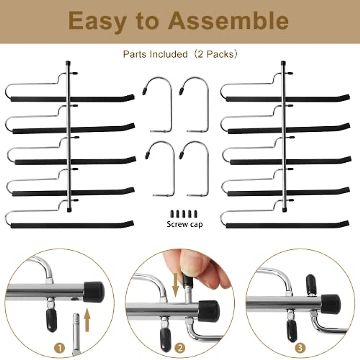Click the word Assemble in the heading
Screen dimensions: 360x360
228,21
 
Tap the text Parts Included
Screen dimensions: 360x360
155,54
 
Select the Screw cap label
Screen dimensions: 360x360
184,224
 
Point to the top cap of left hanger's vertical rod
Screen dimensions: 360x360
68,63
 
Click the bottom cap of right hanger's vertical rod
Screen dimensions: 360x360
284,209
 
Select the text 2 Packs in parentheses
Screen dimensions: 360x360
217,54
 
